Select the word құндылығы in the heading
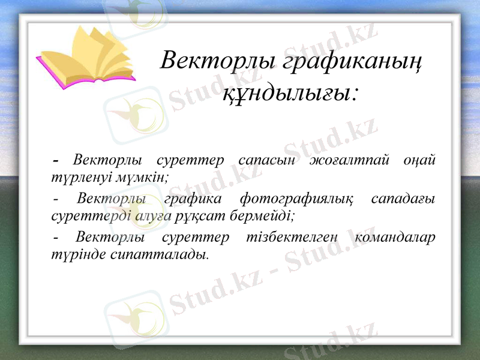click(290, 93)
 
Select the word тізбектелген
click(290, 237)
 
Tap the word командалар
click(395, 237)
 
